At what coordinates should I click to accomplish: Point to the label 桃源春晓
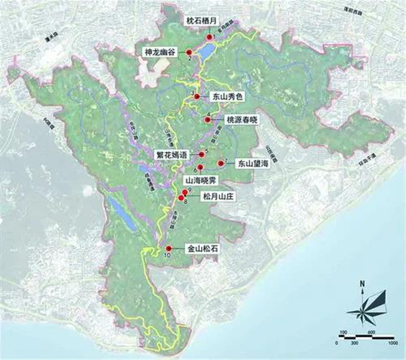(242, 120)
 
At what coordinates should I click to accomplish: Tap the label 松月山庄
(218, 197)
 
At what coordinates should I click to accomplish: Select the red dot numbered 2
(188, 52)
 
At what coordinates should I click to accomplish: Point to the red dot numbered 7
(220, 163)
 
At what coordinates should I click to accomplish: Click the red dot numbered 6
(200, 167)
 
